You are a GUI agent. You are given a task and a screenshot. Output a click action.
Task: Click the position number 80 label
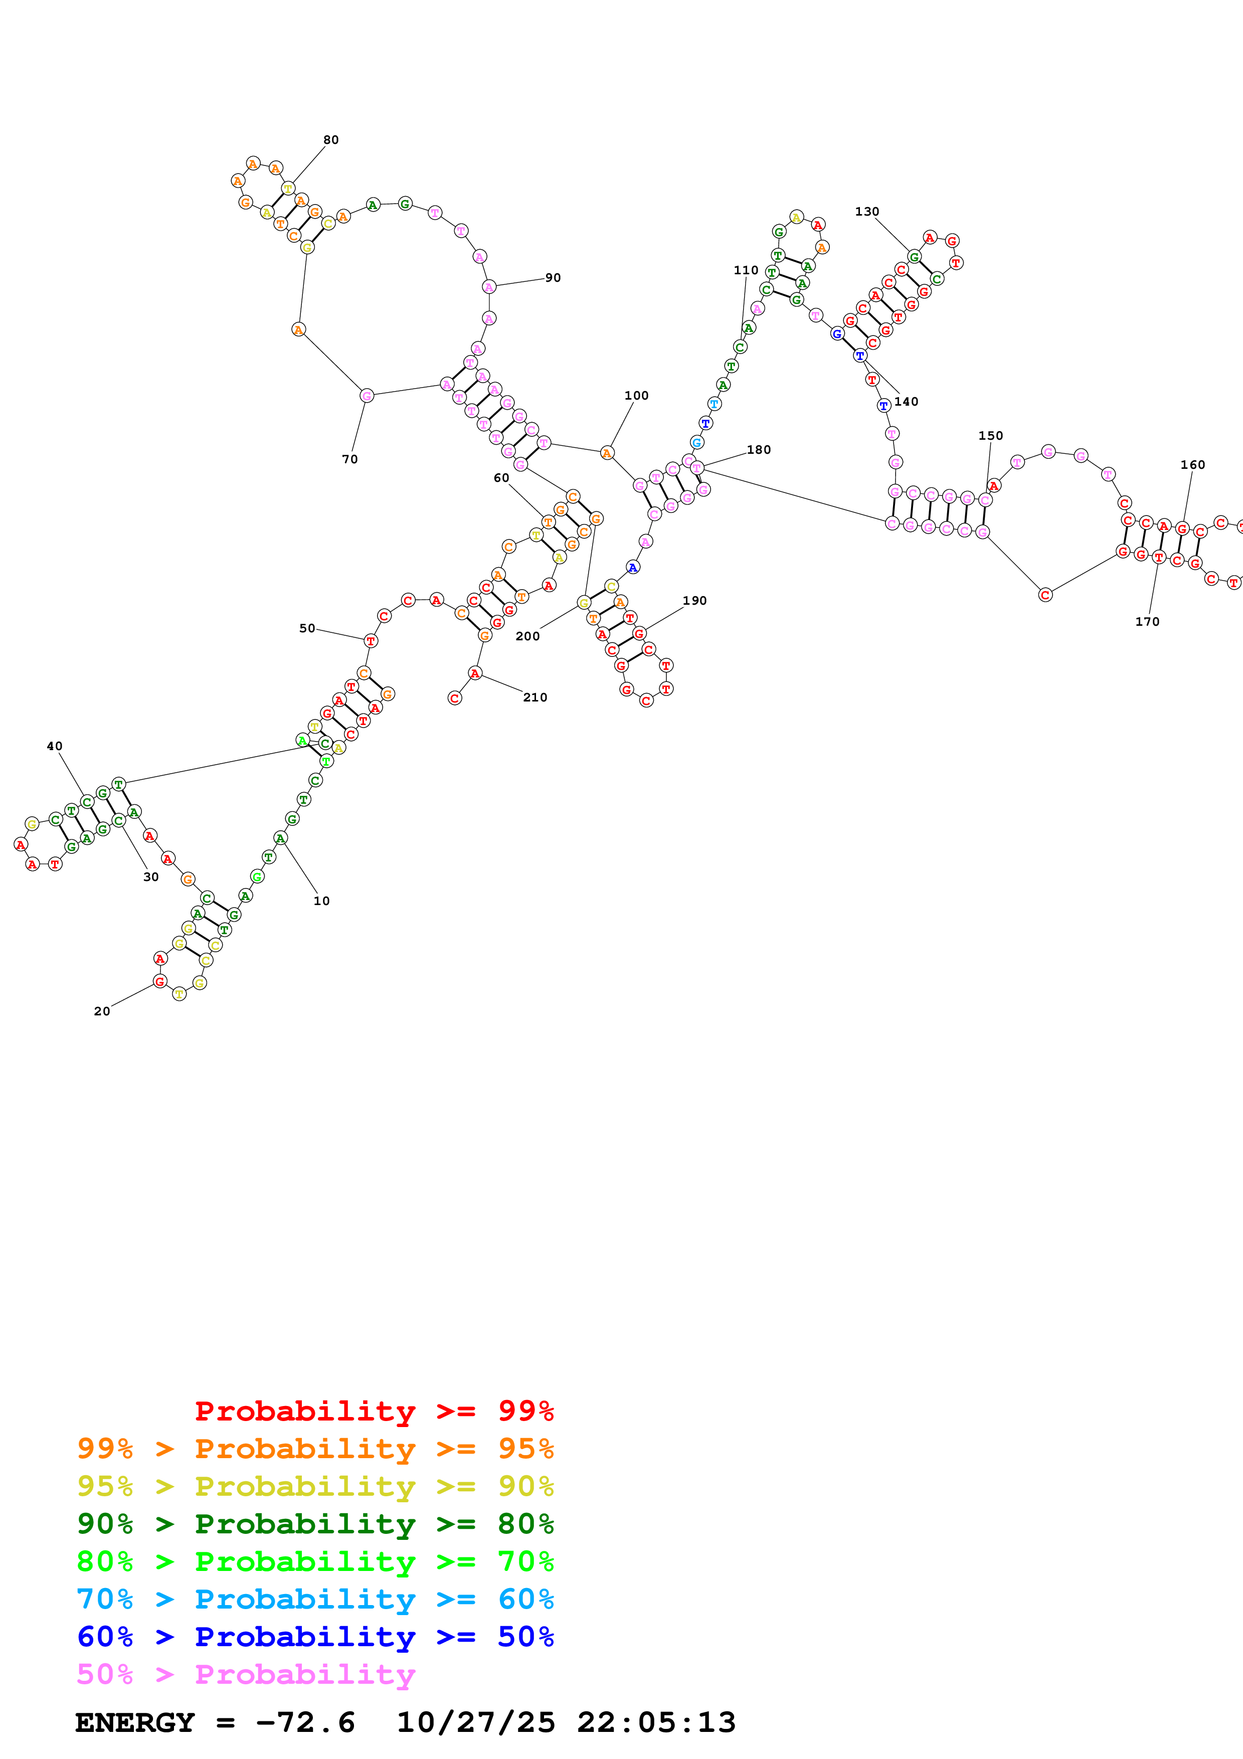331,139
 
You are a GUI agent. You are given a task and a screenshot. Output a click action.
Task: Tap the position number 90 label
553,277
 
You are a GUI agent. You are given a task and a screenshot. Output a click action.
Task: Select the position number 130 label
867,212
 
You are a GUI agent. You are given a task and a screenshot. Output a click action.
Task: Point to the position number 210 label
536,697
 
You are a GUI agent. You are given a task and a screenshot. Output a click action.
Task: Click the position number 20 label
102,1011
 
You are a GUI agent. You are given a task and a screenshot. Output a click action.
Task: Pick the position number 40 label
54,746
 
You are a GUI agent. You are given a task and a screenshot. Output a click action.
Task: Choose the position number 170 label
1147,621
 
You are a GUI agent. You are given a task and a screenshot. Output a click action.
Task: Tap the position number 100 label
636,395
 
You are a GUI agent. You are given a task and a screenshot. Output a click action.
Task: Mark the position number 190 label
694,601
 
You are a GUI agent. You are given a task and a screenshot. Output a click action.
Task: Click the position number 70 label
350,459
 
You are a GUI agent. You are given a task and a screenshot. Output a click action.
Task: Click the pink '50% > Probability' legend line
246,1674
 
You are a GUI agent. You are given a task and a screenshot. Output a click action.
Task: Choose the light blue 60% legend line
315,1599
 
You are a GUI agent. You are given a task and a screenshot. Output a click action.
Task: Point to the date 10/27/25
476,1722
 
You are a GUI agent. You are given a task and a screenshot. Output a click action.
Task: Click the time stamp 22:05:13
656,1722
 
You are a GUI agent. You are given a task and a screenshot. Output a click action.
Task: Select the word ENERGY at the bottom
135,1722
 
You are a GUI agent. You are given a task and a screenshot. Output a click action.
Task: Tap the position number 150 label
990,435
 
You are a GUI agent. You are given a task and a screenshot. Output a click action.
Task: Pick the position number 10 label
322,901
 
